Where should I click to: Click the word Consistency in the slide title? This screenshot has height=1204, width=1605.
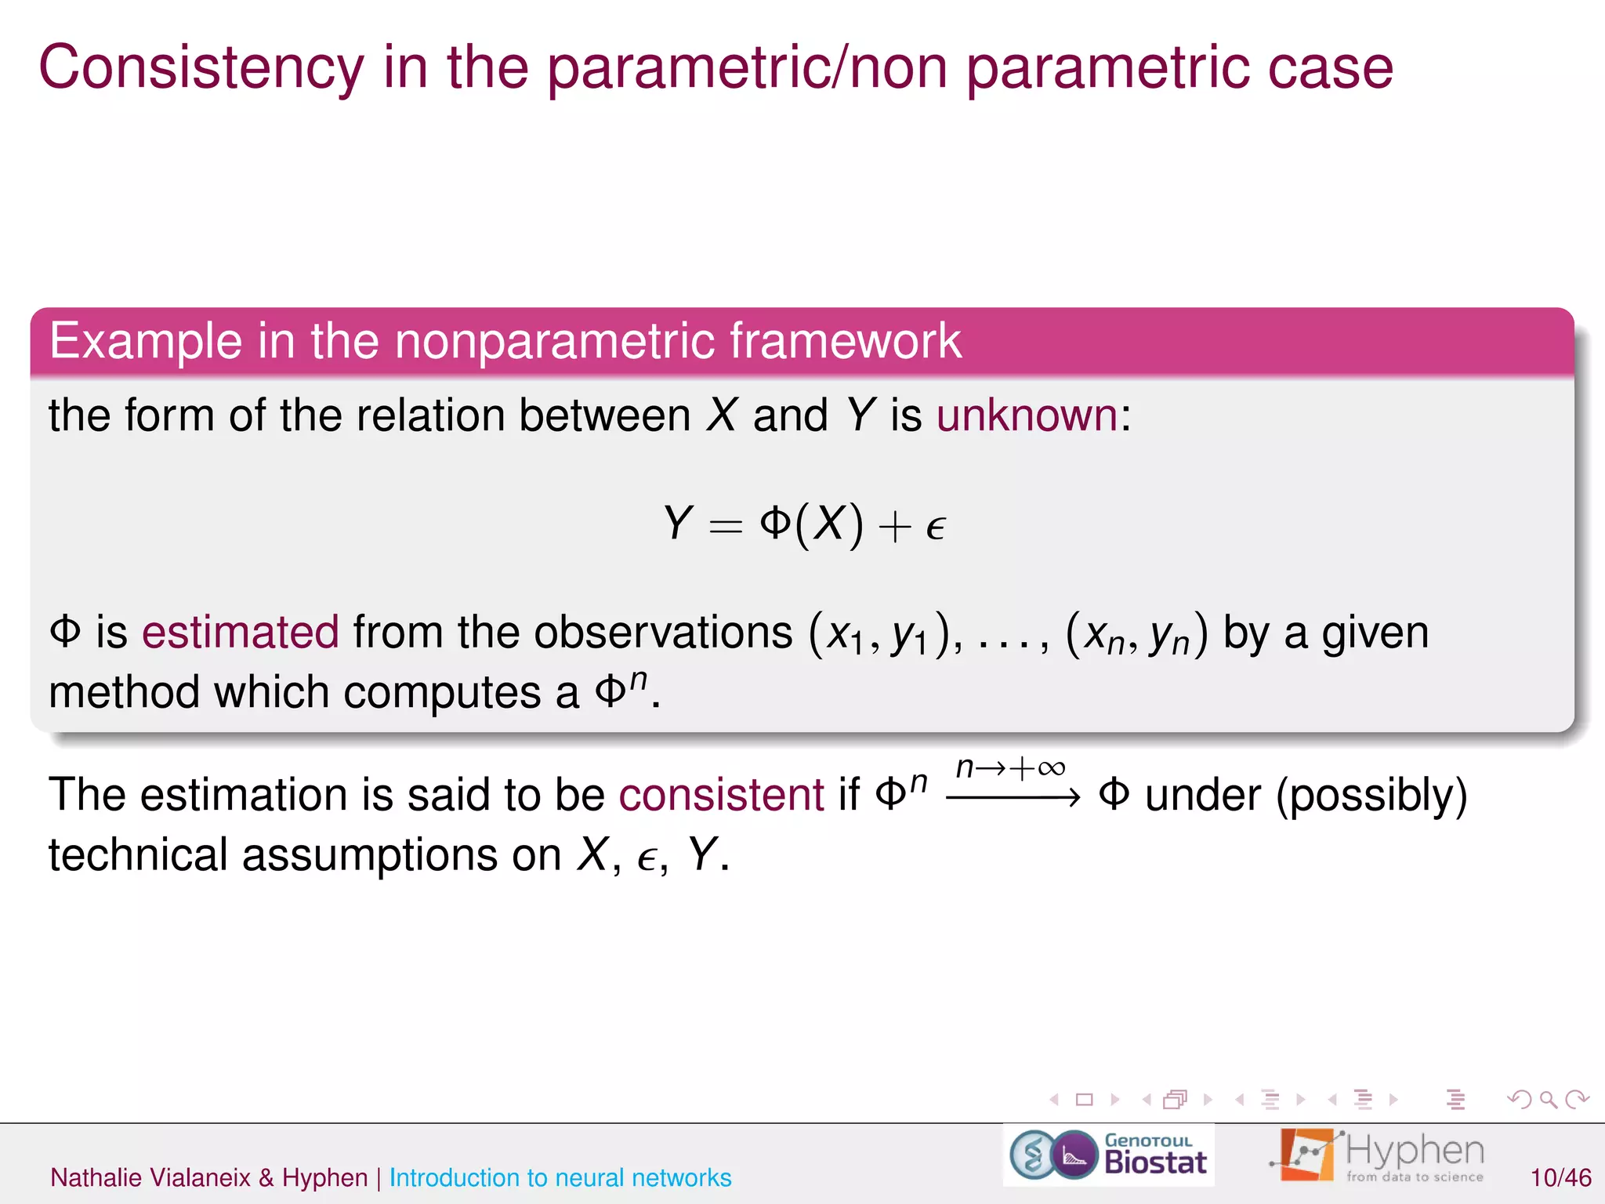pyautogui.click(x=201, y=67)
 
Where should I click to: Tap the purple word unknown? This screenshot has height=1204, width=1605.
pyautogui.click(x=1027, y=415)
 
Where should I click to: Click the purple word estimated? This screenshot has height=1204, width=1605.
pyautogui.click(x=240, y=632)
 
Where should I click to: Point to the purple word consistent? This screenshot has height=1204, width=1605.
pyautogui.click(x=721, y=795)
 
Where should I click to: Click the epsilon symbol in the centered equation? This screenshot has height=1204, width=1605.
pyautogui.click(x=936, y=527)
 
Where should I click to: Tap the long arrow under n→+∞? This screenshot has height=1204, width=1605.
pyautogui.click(x=1013, y=798)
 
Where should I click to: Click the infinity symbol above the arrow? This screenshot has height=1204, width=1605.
pyautogui.click(x=1051, y=768)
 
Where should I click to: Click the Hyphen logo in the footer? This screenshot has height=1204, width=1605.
pyautogui.click(x=1377, y=1155)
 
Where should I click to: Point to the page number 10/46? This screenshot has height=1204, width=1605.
pyautogui.click(x=1560, y=1177)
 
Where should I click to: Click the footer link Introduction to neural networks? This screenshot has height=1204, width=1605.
pyautogui.click(x=560, y=1177)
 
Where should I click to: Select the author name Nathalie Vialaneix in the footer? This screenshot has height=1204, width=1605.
pyautogui.click(x=150, y=1177)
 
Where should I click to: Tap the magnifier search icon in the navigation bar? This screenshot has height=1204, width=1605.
pyautogui.click(x=1548, y=1099)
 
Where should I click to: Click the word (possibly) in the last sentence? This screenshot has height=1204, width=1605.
pyautogui.click(x=1371, y=795)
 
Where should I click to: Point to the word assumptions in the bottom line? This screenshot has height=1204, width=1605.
pyautogui.click(x=369, y=854)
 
